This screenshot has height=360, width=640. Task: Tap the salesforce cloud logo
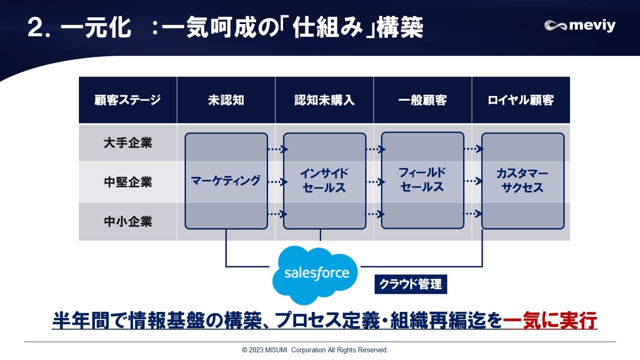click(316, 273)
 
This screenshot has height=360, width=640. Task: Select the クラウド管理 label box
click(410, 285)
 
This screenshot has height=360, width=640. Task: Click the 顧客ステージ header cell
click(127, 100)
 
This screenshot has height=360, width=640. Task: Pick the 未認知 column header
click(226, 100)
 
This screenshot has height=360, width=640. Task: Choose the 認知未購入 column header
click(324, 100)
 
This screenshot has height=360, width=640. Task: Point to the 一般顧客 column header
click(422, 100)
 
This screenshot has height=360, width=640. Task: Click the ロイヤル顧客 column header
click(521, 100)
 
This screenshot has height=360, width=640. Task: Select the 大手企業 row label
click(127, 143)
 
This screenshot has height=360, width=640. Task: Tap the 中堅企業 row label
click(127, 182)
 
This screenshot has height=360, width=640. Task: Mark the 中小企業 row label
click(127, 222)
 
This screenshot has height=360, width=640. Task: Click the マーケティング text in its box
click(226, 180)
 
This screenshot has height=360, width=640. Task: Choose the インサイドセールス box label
click(324, 180)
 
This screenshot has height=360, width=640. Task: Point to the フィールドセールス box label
click(422, 180)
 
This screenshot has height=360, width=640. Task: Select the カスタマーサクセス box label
click(523, 181)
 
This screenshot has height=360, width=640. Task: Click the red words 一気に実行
click(550, 321)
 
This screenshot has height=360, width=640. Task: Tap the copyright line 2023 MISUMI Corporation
click(315, 350)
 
